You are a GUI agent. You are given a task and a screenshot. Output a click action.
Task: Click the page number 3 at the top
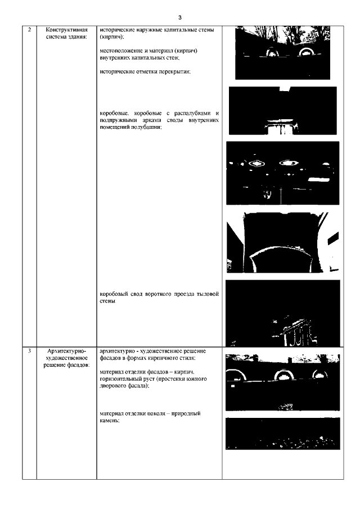point(180,17)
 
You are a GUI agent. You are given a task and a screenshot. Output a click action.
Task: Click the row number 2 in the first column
point(30,30)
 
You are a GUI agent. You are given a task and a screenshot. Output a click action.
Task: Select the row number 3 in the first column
point(30,351)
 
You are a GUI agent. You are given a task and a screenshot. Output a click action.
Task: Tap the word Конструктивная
point(66,30)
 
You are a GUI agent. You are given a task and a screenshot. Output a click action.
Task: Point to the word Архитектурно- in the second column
point(66,351)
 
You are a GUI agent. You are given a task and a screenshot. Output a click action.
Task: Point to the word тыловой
point(208,294)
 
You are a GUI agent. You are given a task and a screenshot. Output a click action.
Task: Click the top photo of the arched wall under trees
point(283,53)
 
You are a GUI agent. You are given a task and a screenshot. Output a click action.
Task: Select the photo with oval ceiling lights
point(283,173)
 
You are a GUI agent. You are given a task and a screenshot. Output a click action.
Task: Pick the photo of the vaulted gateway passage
point(283,242)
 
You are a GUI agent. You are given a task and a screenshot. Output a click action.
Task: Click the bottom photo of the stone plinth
point(283,434)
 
